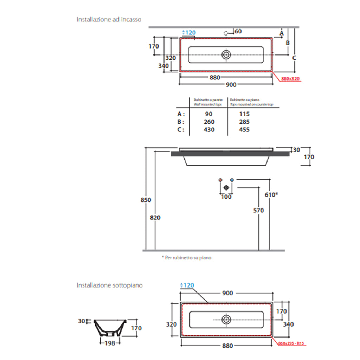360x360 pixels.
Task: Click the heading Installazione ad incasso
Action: coord(109,19)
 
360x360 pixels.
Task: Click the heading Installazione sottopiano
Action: coord(110,285)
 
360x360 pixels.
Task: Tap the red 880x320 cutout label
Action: coord(290,79)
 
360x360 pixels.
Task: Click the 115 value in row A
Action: coord(244,114)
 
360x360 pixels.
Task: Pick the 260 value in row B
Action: coord(209,122)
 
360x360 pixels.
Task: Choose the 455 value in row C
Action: coord(244,130)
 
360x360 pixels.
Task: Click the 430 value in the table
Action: coord(209,130)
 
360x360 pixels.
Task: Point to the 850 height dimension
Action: coord(146,200)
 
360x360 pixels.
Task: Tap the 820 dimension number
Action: coord(155,218)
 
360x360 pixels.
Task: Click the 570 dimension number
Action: coord(258,210)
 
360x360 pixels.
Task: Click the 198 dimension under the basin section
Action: coord(110,343)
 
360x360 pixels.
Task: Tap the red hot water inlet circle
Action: coord(221,180)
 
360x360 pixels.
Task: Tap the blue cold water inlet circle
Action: coord(232,180)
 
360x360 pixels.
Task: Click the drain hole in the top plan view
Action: coord(226,54)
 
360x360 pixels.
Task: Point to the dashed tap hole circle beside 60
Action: coord(226,33)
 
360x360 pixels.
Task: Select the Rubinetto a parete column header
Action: coord(208,100)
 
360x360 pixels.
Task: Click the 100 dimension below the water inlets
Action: coord(226,197)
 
